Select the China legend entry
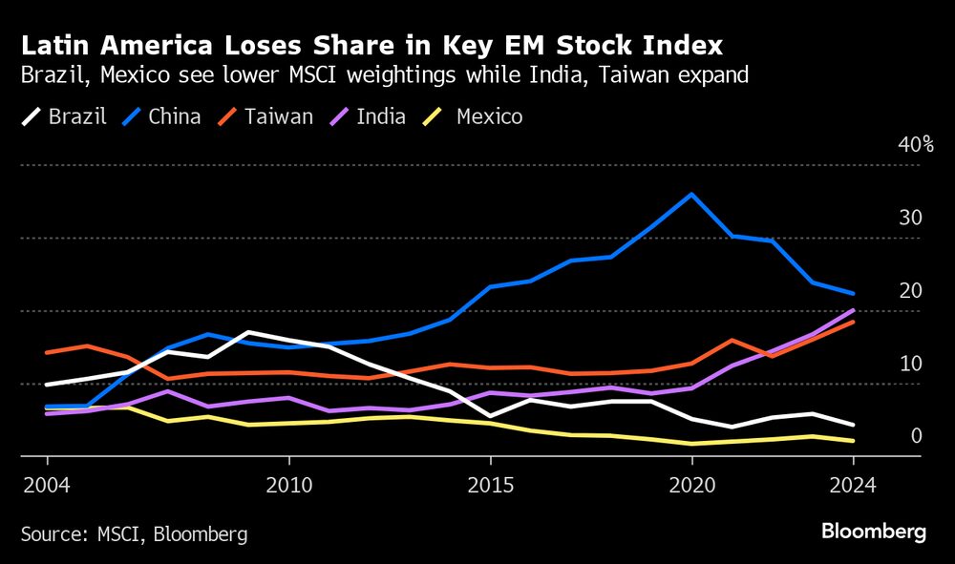point(161,117)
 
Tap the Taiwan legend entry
point(265,117)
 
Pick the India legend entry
point(369,117)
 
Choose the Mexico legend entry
point(475,117)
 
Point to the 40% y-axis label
point(915,145)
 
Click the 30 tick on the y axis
point(910,218)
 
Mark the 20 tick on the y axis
point(910,291)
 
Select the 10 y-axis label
point(910,364)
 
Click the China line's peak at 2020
point(691,194)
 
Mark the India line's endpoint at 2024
point(853,310)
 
